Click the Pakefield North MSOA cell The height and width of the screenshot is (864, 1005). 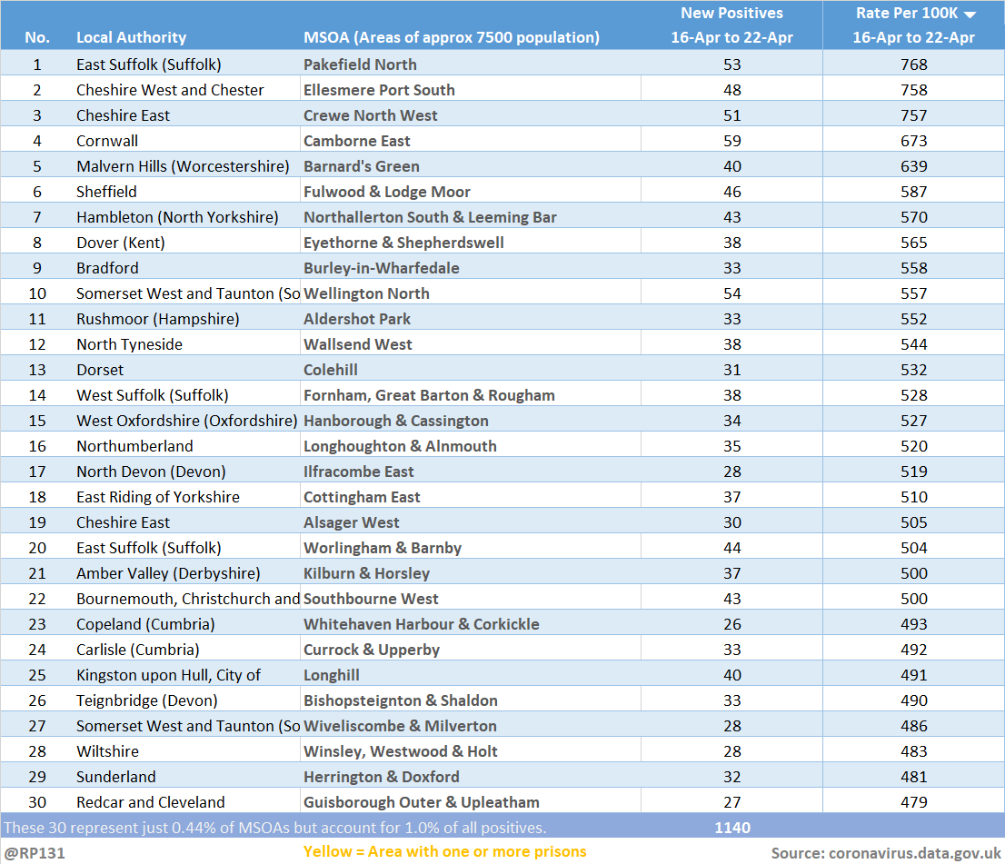coord(360,65)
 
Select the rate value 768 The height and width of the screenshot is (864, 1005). coord(913,65)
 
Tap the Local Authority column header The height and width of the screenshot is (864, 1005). coord(132,37)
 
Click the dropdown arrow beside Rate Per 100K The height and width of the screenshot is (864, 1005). coord(970,15)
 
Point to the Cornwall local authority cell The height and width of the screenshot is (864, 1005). coord(107,141)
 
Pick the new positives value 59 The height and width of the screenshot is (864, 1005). coord(732,141)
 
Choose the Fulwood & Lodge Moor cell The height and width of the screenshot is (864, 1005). coord(386,192)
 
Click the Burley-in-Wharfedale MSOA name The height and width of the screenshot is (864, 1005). coord(382,268)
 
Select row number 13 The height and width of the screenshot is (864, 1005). coord(37,370)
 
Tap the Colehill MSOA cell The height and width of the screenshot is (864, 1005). coord(331,370)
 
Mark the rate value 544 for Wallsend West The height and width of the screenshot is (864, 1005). coord(913,344)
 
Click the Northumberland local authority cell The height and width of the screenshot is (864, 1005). coord(134,446)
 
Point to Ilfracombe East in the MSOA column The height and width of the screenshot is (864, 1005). coord(358,472)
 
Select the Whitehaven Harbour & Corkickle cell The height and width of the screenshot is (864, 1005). coord(421,624)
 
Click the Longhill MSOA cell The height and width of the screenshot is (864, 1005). coord(332,675)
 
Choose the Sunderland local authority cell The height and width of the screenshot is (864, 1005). coord(116,777)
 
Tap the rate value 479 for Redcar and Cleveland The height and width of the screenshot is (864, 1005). coord(913,802)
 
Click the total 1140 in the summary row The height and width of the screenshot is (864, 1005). coord(732,828)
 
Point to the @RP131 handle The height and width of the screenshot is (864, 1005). coord(35,853)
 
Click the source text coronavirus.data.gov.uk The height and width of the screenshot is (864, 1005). coord(915,853)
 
